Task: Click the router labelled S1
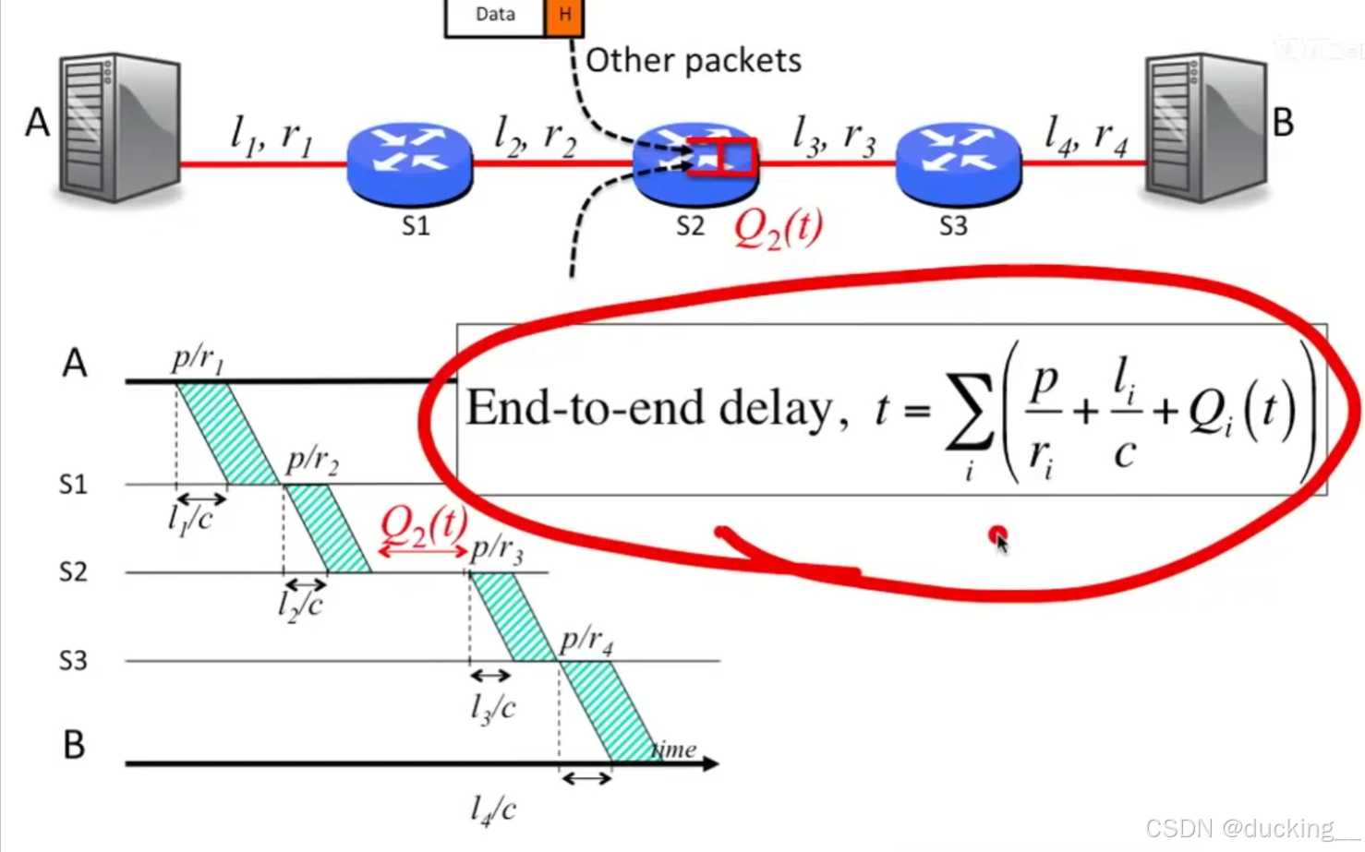click(410, 162)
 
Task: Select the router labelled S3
click(959, 162)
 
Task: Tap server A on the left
click(118, 126)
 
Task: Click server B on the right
click(1204, 126)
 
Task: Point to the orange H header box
click(564, 16)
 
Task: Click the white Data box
click(495, 16)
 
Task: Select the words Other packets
click(694, 61)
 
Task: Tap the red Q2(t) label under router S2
click(778, 227)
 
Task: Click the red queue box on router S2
click(722, 157)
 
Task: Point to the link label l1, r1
click(272, 136)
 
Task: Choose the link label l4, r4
click(1086, 136)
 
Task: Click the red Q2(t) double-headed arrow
click(423, 551)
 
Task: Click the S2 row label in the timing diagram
click(73, 572)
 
